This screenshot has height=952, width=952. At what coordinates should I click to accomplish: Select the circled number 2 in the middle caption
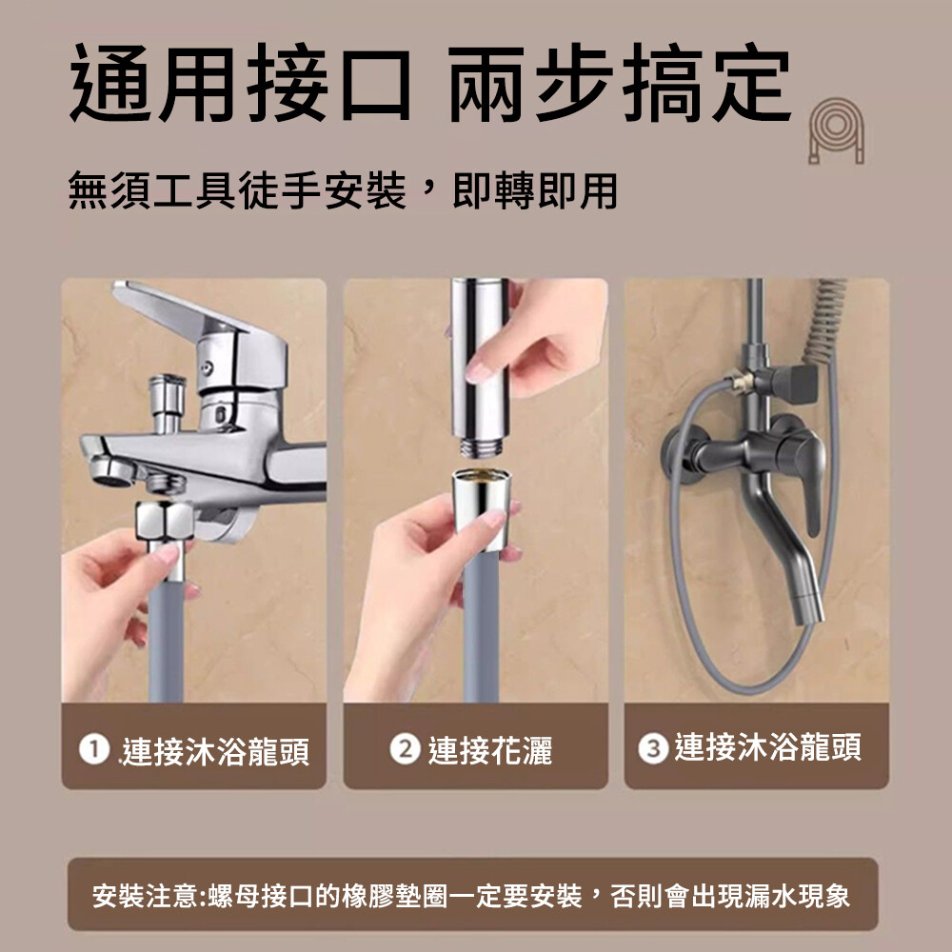(405, 749)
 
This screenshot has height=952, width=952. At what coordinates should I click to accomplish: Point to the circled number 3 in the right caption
(653, 748)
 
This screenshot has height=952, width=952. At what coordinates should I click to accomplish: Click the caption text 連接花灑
(490, 750)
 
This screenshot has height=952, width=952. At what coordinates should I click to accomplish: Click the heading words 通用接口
(241, 83)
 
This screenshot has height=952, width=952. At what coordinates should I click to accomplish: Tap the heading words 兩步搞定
(620, 83)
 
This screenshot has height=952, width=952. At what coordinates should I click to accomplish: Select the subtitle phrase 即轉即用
(535, 190)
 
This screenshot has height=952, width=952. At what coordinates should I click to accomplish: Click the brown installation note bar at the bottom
(473, 894)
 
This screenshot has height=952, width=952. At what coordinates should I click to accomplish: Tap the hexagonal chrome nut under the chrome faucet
(165, 521)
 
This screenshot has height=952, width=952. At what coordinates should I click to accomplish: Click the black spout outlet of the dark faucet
(807, 609)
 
